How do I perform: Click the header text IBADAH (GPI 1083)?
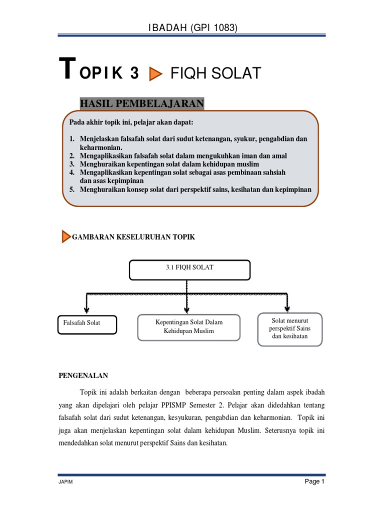(x=192, y=28)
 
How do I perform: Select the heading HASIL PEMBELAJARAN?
(x=142, y=103)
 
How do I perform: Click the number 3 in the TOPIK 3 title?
(x=134, y=73)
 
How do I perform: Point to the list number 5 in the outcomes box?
(x=71, y=189)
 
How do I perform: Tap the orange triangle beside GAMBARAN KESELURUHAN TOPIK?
(x=66, y=236)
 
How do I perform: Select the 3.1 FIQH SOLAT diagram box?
(x=189, y=269)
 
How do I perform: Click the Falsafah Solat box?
(x=87, y=324)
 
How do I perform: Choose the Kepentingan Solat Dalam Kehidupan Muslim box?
(x=189, y=327)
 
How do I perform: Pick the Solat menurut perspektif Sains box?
(x=290, y=329)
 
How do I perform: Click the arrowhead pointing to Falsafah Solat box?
(x=87, y=309)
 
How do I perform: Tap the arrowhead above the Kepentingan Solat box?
(x=187, y=309)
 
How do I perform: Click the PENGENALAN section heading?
(x=83, y=375)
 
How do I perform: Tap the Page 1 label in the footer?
(x=315, y=482)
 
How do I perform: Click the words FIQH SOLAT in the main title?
(x=215, y=74)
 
